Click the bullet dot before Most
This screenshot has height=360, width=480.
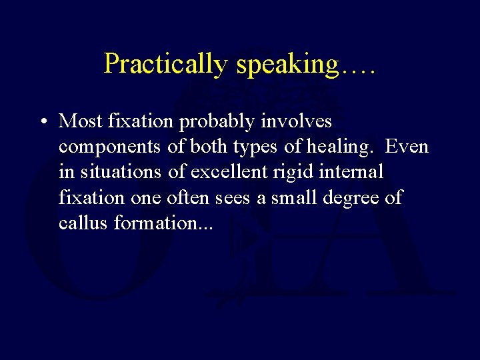pos(42,122)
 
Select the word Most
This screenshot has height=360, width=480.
pos(79,121)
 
